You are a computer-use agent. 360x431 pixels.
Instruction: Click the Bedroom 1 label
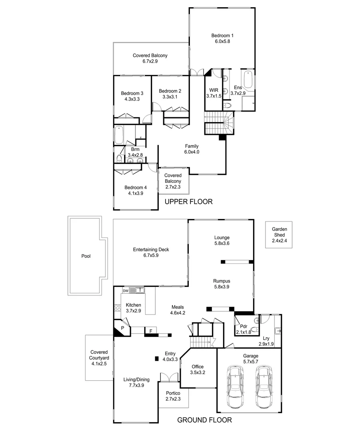[222, 36]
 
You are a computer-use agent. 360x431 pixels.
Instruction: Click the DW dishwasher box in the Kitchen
[125, 291]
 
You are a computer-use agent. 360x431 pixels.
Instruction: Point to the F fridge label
[150, 331]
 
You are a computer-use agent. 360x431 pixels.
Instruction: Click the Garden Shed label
[279, 232]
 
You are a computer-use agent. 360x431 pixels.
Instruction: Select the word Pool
[86, 256]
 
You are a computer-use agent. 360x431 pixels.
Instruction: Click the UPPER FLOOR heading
[188, 202]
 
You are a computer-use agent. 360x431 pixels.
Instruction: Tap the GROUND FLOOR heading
[204, 420]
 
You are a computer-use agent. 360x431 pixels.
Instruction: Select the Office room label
[198, 366]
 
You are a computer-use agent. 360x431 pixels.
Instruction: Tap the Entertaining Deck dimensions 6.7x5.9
[151, 255]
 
